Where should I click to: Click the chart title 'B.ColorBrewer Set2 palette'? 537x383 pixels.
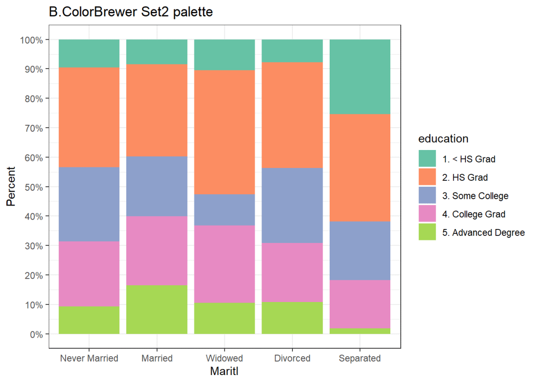(131, 12)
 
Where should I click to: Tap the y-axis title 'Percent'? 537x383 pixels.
(11, 186)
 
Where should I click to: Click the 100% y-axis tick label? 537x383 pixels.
(31, 40)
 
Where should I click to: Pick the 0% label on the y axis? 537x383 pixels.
(35, 334)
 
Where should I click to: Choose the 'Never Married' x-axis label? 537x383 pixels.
(89, 358)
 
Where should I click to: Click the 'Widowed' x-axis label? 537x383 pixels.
(224, 358)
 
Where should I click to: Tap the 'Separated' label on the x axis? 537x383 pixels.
(359, 358)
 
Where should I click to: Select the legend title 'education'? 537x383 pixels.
(443, 139)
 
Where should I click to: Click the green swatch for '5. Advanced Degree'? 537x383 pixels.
(427, 232)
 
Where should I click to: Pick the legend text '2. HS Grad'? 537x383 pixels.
(465, 177)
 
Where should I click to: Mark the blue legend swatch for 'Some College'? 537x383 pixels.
(427, 195)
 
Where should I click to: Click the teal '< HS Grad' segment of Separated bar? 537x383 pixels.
(359, 77)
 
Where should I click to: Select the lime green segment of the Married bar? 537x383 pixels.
(157, 309)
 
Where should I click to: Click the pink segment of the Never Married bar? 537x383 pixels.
(89, 274)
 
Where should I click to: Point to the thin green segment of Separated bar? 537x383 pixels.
(359, 331)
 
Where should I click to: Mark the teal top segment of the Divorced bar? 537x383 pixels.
(292, 51)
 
